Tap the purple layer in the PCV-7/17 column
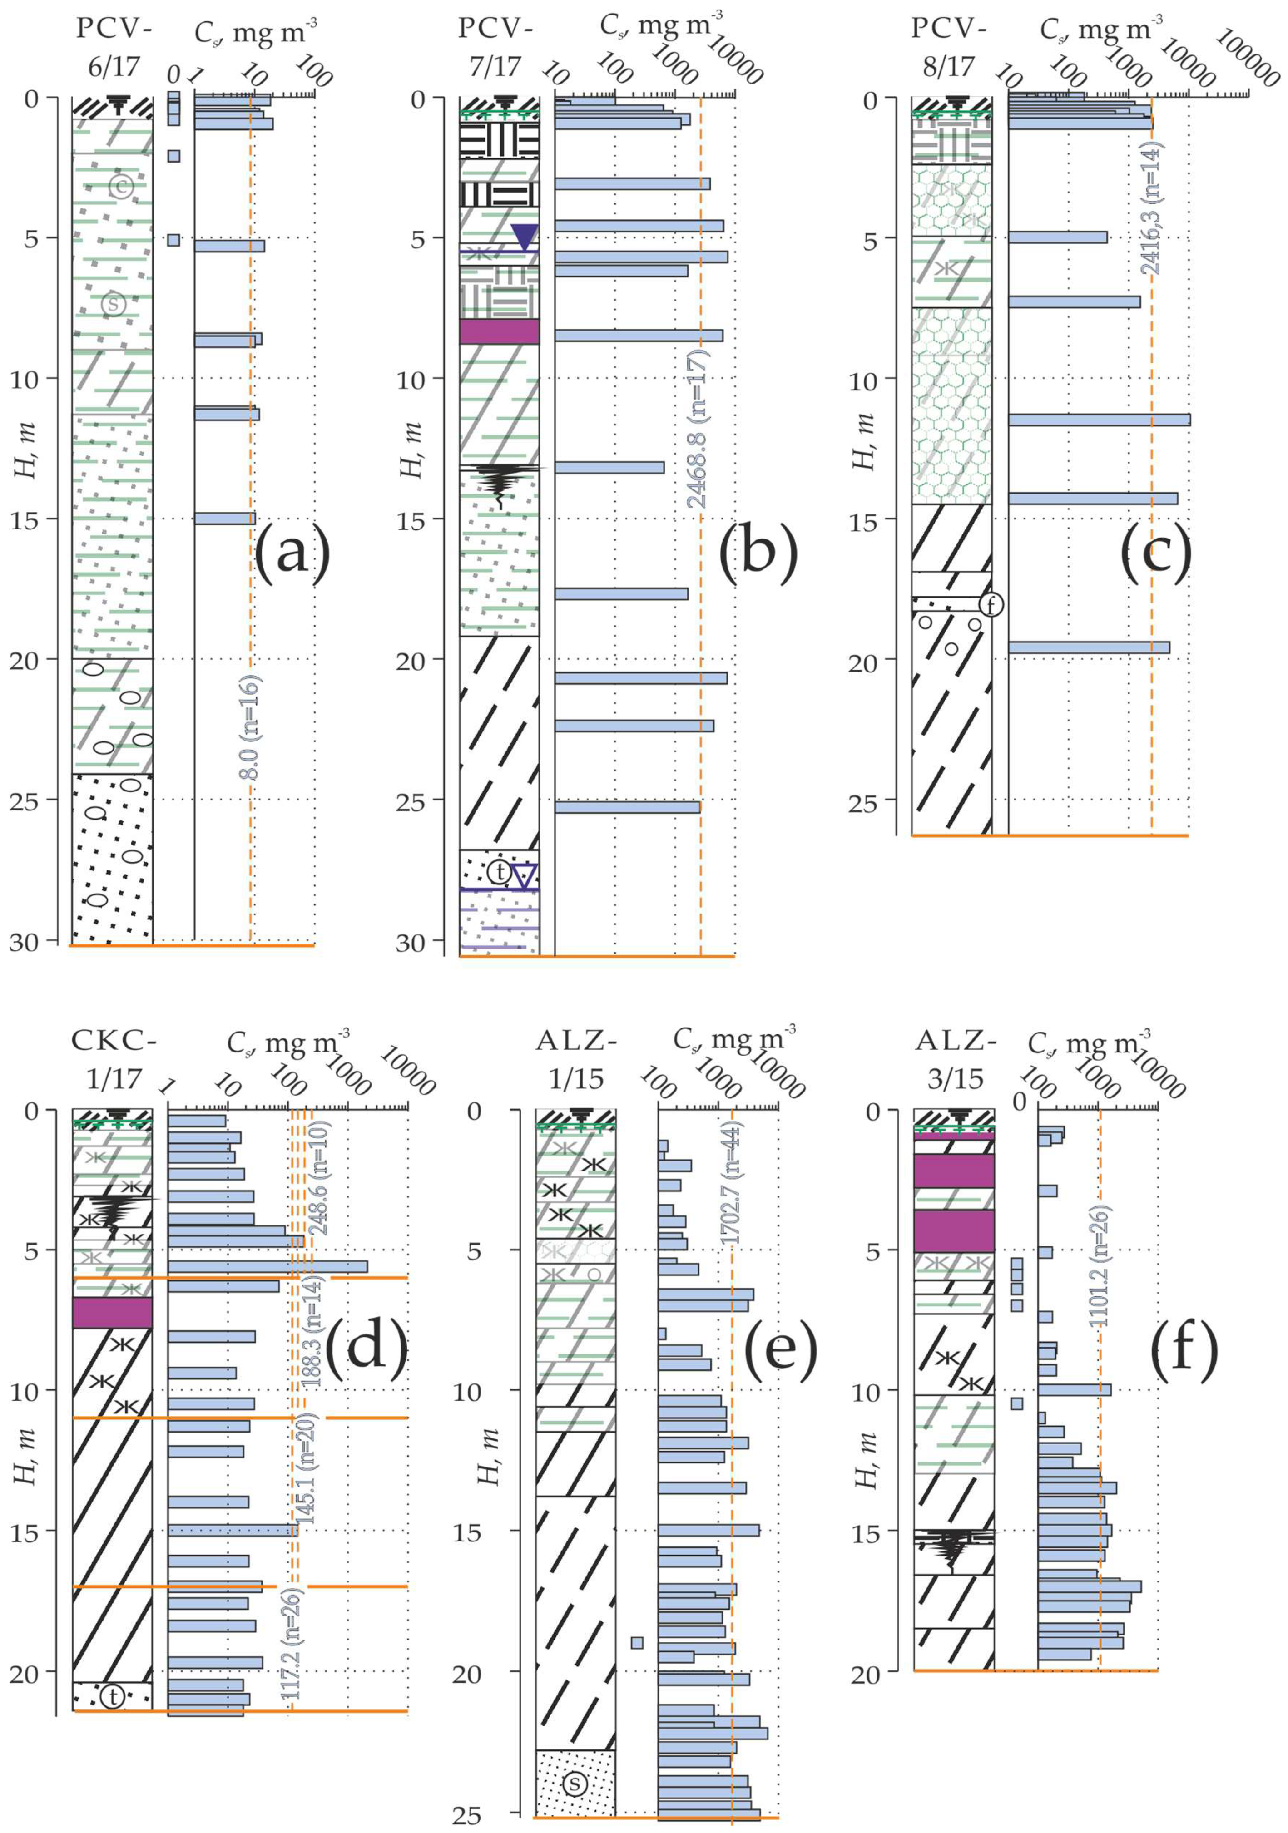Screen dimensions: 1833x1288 (499, 331)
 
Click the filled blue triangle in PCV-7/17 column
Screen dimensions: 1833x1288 (525, 237)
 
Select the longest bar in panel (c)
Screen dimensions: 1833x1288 (1099, 420)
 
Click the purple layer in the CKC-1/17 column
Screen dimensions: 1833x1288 (112, 1313)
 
